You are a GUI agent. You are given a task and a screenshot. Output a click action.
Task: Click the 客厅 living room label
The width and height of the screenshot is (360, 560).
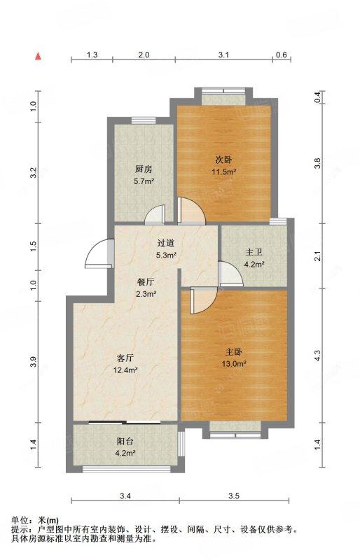(125, 358)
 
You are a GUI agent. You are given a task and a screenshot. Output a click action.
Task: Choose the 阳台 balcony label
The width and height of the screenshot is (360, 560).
(126, 442)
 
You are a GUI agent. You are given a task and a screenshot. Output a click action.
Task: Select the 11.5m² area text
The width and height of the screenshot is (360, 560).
(224, 171)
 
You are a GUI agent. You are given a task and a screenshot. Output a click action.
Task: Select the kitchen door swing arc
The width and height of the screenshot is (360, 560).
(155, 214)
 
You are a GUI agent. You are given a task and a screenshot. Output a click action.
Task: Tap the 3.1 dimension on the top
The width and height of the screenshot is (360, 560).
(224, 54)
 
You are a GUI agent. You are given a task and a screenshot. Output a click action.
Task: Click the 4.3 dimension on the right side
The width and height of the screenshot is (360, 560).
(317, 356)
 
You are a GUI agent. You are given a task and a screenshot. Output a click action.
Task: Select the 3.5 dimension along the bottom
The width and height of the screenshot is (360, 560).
(233, 496)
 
